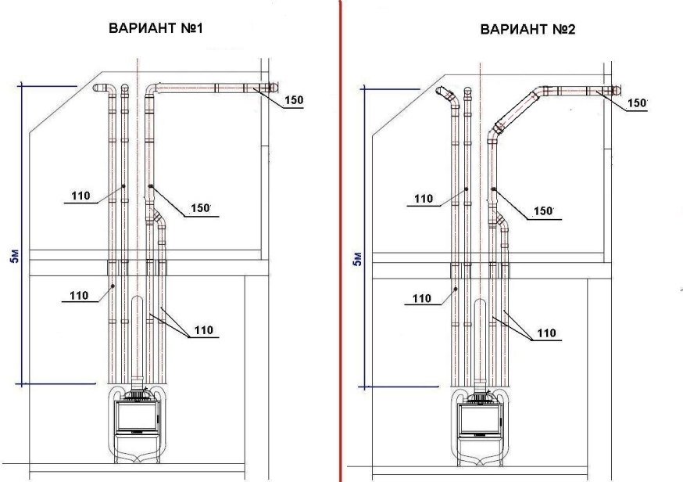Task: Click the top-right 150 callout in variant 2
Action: (638, 103)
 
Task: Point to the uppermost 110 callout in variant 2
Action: (423, 199)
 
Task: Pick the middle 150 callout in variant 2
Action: (541, 211)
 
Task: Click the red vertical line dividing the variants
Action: (340, 235)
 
